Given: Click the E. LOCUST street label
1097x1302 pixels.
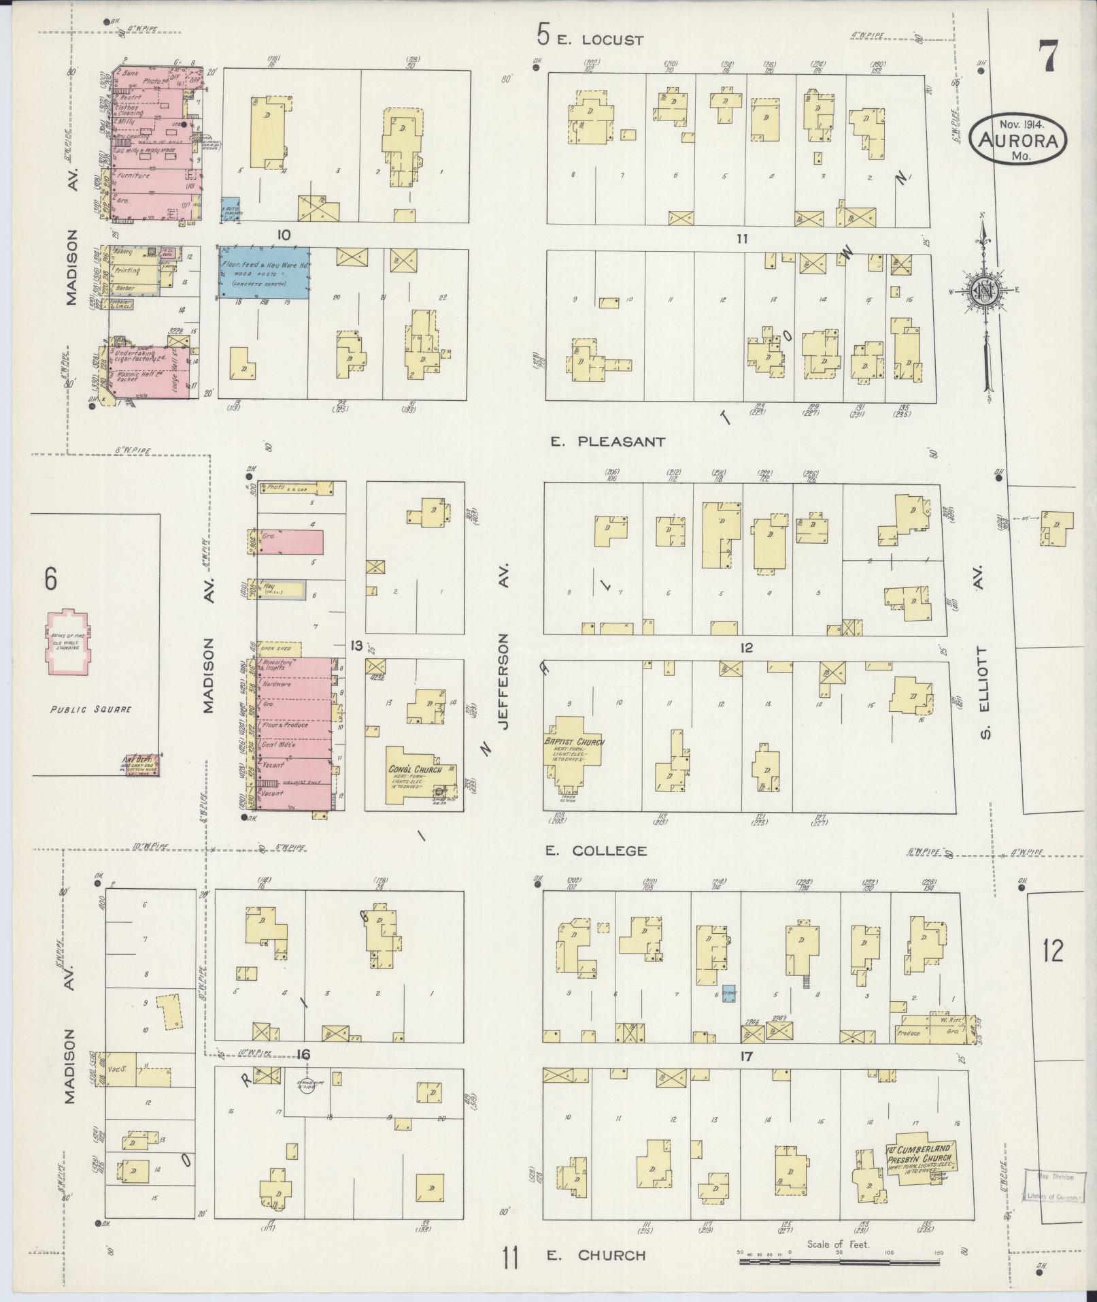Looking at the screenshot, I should click(599, 40).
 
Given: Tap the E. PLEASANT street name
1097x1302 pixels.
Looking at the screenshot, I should click(607, 442).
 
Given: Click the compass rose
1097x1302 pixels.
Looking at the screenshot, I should click(983, 289).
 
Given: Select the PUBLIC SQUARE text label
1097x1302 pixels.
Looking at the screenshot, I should click(90, 709).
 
